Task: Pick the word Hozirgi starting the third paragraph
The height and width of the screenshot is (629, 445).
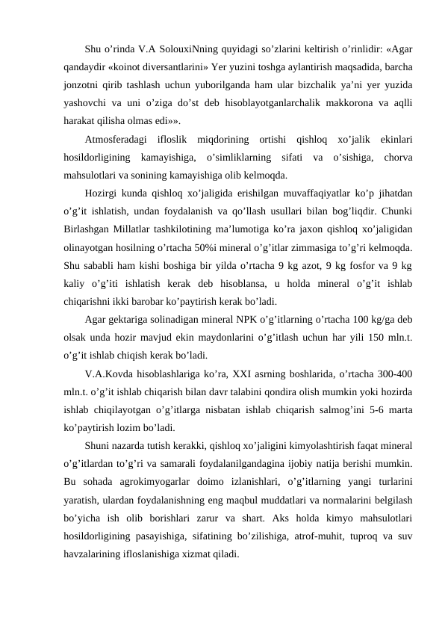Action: pyautogui.click(x=102, y=193)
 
